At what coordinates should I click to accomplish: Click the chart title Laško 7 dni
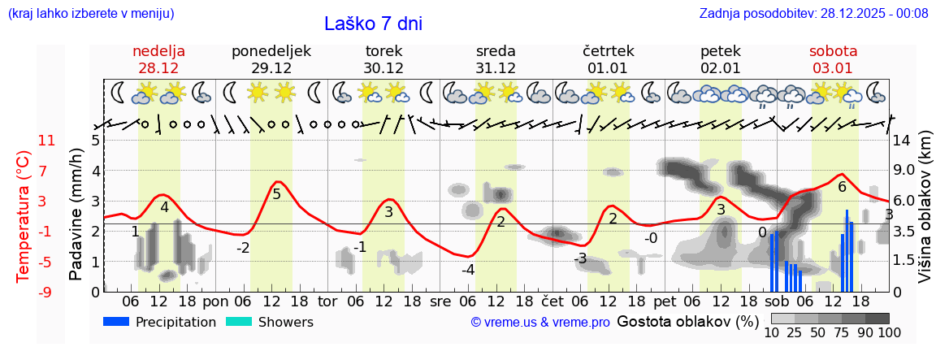pyautogui.click(x=373, y=24)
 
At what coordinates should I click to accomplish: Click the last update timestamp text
pyautogui.click(x=813, y=13)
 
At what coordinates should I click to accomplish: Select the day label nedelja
pyautogui.click(x=159, y=51)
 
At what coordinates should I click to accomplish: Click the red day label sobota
pyautogui.click(x=833, y=51)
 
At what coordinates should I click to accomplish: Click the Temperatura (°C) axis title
pyautogui.click(x=24, y=216)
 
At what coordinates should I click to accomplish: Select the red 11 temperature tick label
pyautogui.click(x=24, y=141)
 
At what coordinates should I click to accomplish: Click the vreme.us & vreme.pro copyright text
pyautogui.click(x=540, y=323)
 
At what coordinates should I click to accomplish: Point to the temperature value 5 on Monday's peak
pyautogui.click(x=276, y=194)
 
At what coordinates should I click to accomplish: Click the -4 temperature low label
pyautogui.click(x=468, y=270)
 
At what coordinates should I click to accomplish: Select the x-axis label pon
pyautogui.click(x=215, y=301)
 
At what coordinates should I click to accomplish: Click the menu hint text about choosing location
pyautogui.click(x=91, y=13)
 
